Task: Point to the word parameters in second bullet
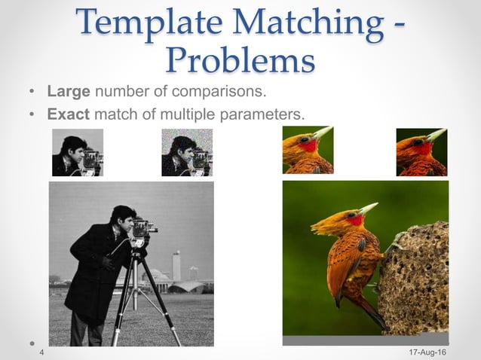(267, 115)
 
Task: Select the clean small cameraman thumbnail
(78, 153)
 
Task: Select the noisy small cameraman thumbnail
(187, 153)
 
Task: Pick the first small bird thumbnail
(308, 151)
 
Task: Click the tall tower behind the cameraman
(176, 265)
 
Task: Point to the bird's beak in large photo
(368, 209)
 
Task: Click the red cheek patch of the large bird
(354, 220)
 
